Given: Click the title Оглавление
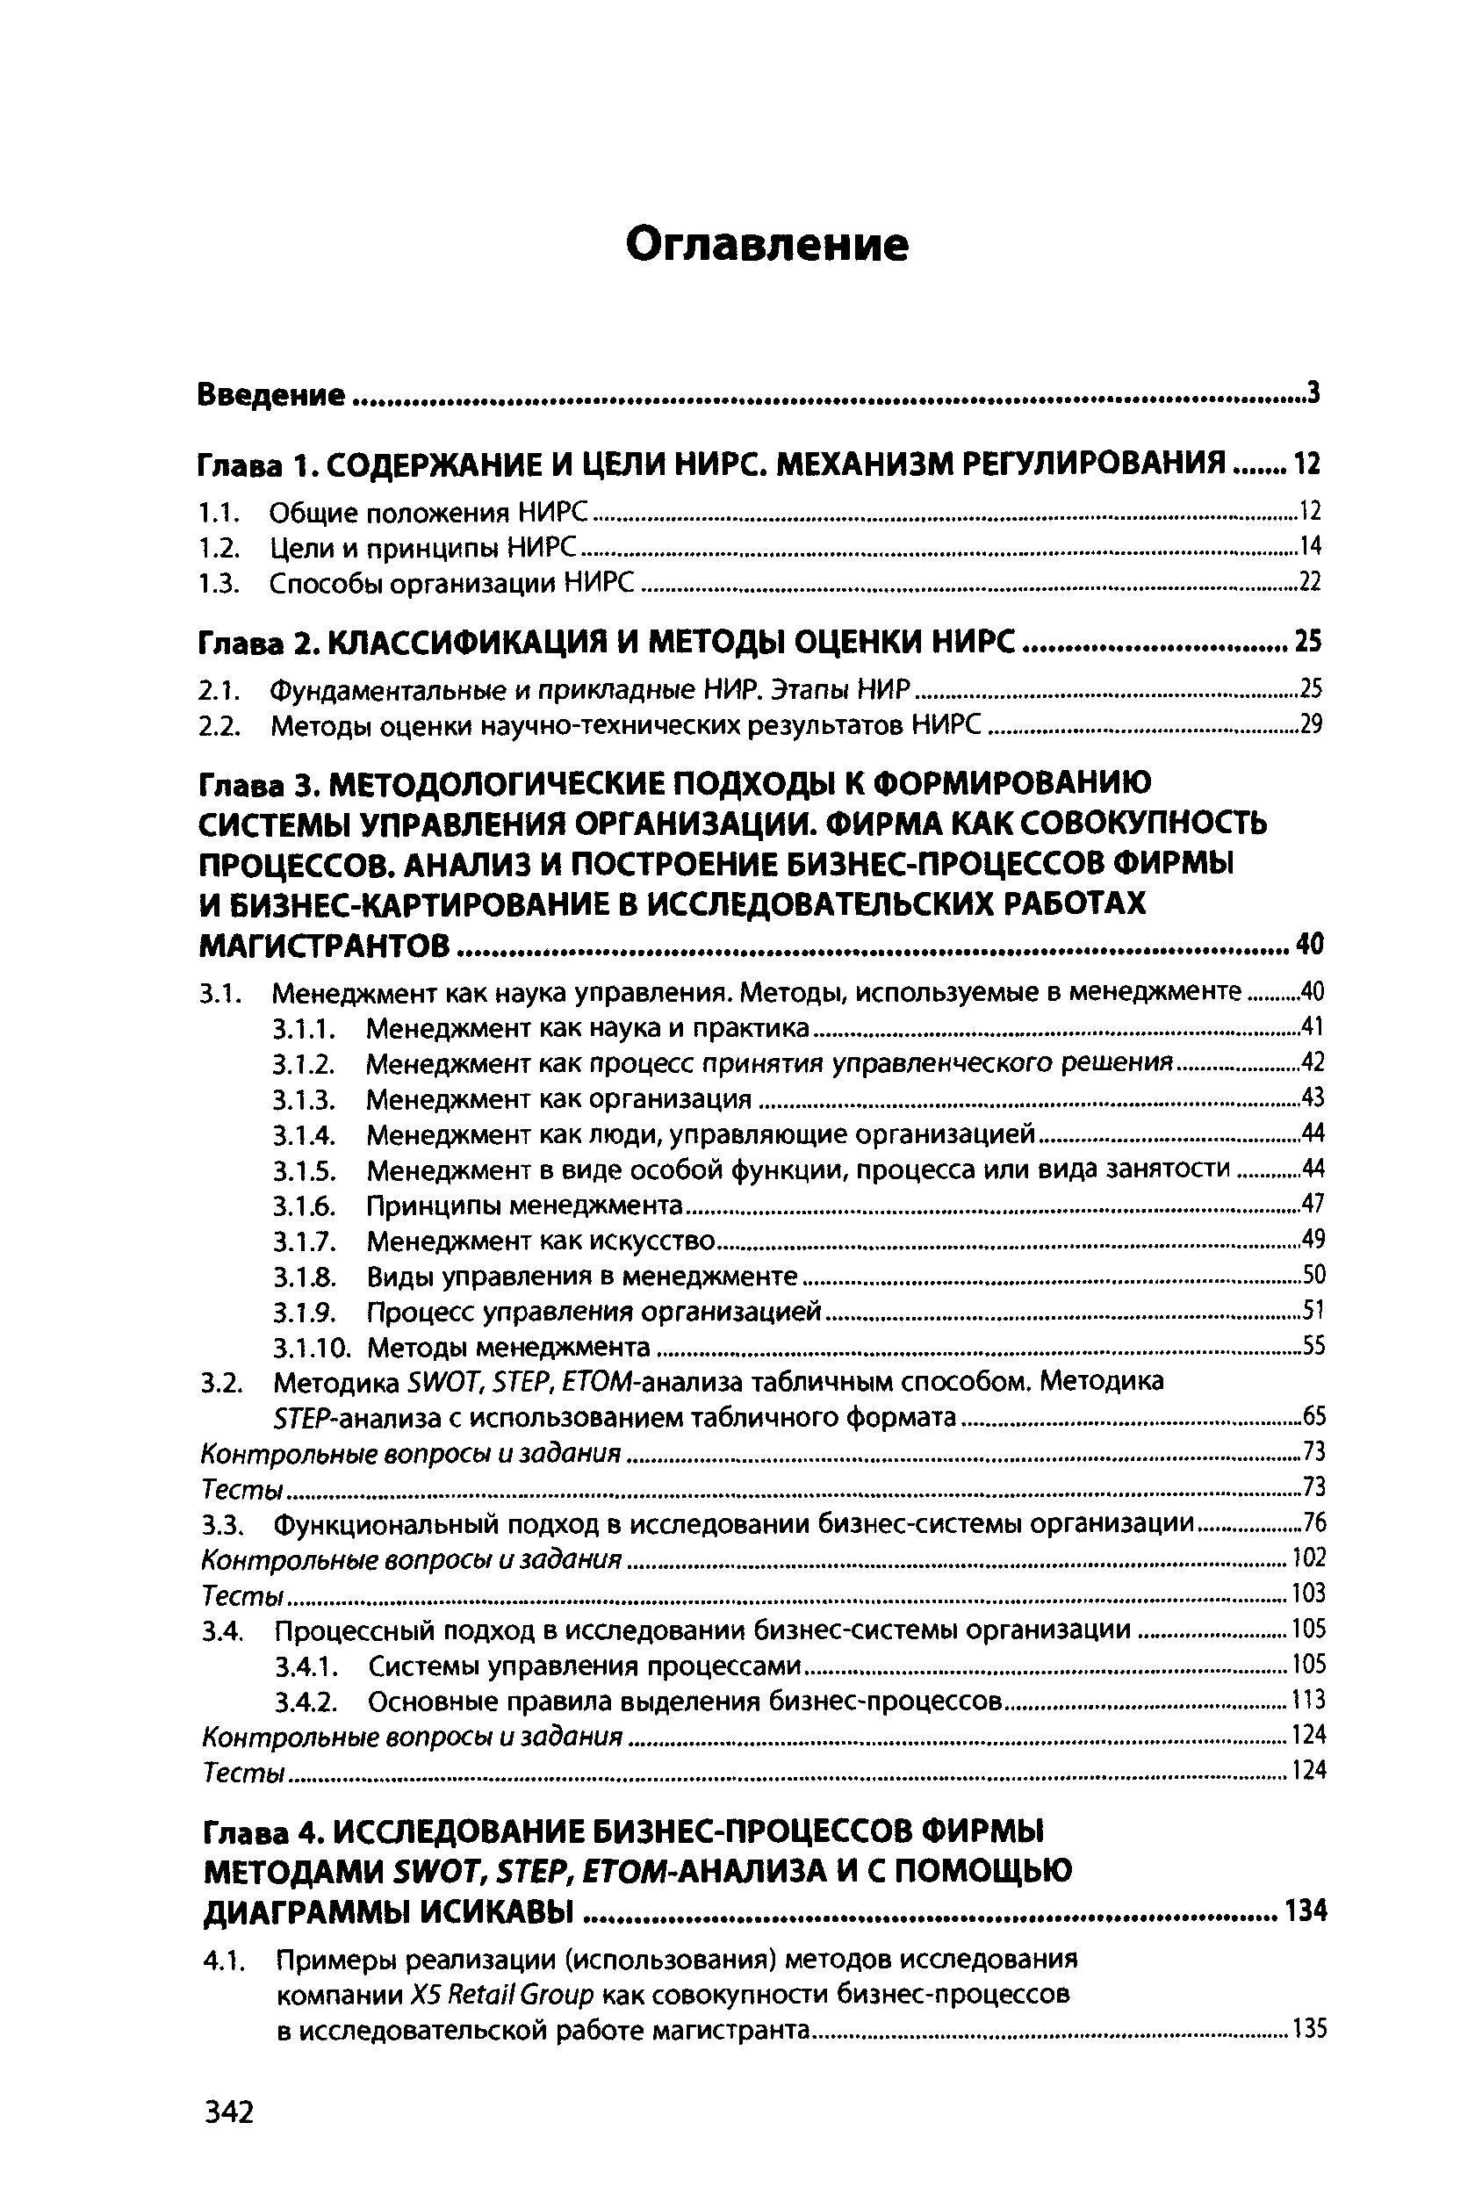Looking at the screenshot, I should pyautogui.click(x=767, y=247).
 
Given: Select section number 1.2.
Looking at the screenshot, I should pyautogui.click(x=222, y=546).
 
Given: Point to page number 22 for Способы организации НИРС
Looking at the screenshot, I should pyautogui.click(x=1310, y=582).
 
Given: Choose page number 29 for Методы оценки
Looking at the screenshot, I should pyautogui.click(x=1310, y=723).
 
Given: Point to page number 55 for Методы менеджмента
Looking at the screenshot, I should pyautogui.click(x=1313, y=1347).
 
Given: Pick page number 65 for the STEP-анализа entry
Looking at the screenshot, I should pyautogui.click(x=1313, y=1416).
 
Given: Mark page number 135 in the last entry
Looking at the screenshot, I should pyautogui.click(x=1308, y=2029).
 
